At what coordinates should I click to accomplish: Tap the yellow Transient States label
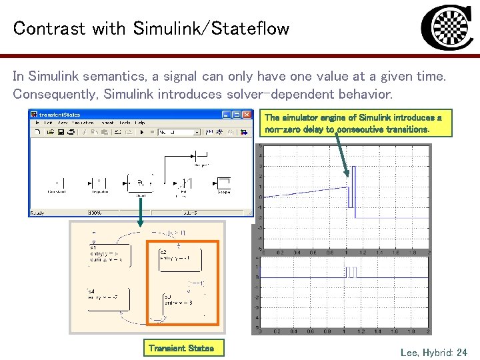click(181, 348)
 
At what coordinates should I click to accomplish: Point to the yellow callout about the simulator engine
click(353, 123)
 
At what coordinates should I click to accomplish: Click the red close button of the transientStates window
click(248, 115)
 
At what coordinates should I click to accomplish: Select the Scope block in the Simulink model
click(223, 183)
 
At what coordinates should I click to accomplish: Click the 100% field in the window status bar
click(96, 213)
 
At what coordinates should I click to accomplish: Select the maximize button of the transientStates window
click(241, 115)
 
